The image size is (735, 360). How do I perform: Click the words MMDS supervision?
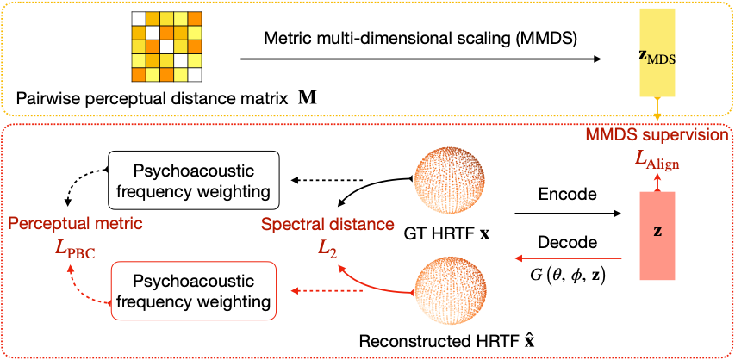tap(657, 135)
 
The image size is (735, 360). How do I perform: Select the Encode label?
tap(566, 195)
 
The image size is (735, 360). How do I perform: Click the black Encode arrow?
tap(567, 213)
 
